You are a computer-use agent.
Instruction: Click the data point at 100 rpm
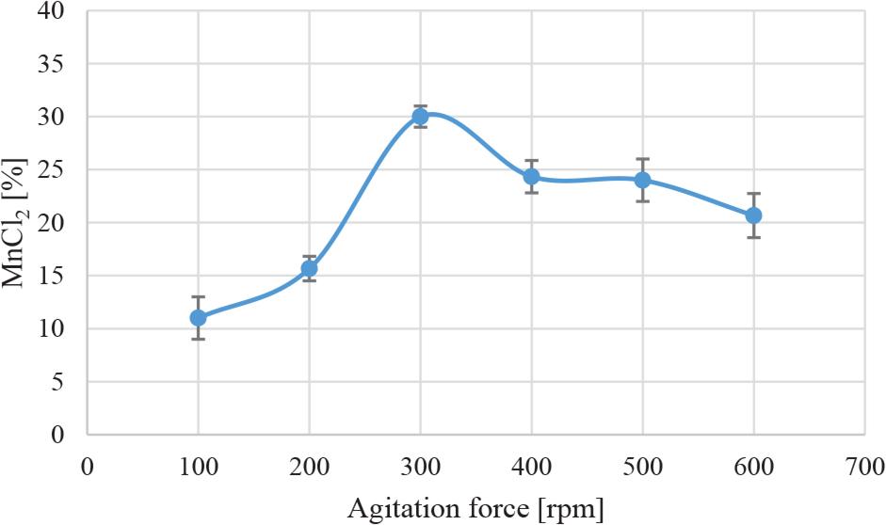point(198,318)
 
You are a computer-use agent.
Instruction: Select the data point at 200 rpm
point(309,268)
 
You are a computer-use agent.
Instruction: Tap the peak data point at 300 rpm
point(420,117)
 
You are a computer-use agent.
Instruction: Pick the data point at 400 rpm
point(531,176)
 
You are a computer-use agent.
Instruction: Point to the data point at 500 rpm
point(642,180)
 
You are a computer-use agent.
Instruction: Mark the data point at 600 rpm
point(753,215)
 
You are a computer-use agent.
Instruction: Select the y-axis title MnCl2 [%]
point(21,223)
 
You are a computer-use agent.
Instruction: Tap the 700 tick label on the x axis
point(864,465)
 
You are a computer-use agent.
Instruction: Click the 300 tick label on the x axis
point(420,465)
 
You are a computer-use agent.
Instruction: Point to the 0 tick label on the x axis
point(87,465)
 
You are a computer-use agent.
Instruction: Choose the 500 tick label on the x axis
point(642,465)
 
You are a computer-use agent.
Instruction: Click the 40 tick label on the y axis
point(56,12)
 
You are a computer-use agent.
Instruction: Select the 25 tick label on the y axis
point(56,170)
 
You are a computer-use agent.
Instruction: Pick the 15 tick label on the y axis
point(56,277)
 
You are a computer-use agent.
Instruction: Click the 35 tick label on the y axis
point(56,65)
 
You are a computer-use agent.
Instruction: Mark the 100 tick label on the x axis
point(198,465)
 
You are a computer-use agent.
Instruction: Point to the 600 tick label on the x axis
point(753,465)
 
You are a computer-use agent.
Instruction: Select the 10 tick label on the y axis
point(56,329)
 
